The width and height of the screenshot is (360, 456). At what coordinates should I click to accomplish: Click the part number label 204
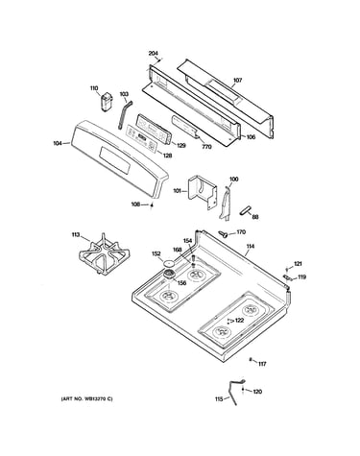click(154, 54)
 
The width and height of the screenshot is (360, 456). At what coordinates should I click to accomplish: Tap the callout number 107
click(237, 81)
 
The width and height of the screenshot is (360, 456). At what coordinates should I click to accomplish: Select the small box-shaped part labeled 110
click(106, 102)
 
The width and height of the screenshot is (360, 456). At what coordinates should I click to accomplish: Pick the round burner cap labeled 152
click(170, 263)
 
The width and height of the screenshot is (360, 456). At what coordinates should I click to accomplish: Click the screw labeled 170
click(223, 234)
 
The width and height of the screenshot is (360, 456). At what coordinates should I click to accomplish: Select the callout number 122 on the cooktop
click(239, 321)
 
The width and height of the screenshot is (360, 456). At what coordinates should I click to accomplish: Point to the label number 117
click(262, 364)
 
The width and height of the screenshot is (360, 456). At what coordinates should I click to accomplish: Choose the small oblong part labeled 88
click(245, 211)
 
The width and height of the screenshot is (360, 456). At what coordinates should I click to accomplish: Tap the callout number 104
click(58, 143)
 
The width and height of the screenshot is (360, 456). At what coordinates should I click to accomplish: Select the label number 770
click(206, 147)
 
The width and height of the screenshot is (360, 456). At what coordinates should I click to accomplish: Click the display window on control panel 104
click(114, 157)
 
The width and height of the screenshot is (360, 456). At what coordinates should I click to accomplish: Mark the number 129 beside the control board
click(180, 146)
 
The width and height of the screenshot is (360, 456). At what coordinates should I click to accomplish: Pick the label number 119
click(301, 276)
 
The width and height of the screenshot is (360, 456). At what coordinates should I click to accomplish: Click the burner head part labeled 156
click(169, 275)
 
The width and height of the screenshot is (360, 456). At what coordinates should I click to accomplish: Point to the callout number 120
click(257, 392)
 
